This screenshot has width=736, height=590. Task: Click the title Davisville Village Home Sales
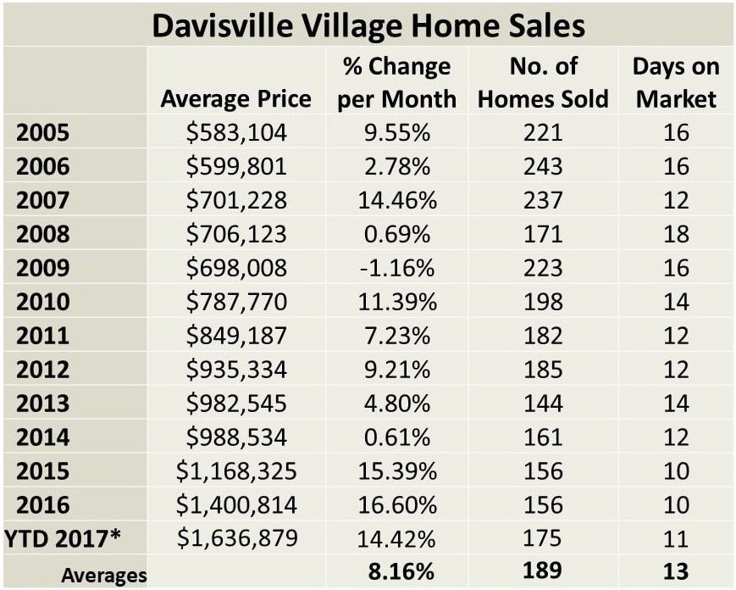[368, 25]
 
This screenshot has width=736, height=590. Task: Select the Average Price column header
[235, 99]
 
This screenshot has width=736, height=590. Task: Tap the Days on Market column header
[676, 83]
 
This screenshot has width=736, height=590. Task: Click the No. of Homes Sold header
[543, 83]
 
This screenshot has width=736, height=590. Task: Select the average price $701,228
[236, 200]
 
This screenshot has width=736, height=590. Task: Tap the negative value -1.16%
[396, 268]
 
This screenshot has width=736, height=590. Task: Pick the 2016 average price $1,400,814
[236, 505]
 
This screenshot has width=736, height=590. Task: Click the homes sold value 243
[543, 167]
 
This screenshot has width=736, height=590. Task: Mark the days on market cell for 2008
[676, 234]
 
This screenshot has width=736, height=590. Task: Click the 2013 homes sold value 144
[543, 404]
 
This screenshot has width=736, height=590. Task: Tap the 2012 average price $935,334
[236, 370]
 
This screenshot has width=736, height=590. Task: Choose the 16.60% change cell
[396, 505]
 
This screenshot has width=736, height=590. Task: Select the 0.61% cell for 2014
[396, 437]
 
